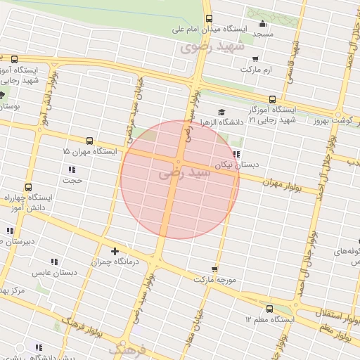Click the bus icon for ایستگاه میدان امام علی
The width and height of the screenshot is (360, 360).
pyautogui.click(x=208, y=19)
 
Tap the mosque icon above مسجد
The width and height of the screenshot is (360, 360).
pyautogui.click(x=262, y=24)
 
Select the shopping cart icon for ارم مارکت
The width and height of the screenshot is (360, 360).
pyautogui.click(x=255, y=59)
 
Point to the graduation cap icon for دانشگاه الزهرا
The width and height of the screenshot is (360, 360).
pyautogui.click(x=221, y=112)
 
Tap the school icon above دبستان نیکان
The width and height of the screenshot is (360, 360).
pyautogui.click(x=236, y=154)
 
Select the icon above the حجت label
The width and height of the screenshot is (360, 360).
pyautogui.click(x=72, y=169)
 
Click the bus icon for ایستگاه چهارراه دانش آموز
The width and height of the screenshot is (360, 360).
pyautogui.click(x=28, y=188)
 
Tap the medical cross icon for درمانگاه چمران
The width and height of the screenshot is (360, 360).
pyautogui.click(x=115, y=251)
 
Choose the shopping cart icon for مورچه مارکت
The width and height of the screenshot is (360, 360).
pyautogui.click(x=214, y=269)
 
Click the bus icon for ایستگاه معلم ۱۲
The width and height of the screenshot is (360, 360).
pyautogui.click(x=269, y=309)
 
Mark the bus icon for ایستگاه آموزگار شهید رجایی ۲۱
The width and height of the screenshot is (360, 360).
pyautogui.click(x=272, y=100)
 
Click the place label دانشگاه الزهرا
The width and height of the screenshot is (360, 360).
pyautogui.click(x=221, y=122)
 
